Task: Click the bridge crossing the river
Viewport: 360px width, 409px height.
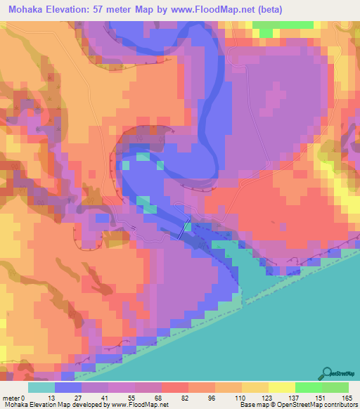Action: [185, 230]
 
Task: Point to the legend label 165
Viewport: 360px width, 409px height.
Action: [346, 398]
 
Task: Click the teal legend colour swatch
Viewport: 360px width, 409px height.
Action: [41, 387]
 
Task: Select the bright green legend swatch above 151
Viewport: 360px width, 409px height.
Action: [308, 387]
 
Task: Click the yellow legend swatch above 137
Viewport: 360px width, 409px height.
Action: [281, 387]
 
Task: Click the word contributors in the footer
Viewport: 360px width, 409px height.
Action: [337, 405]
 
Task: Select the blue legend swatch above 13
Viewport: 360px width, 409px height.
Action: [68, 387]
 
